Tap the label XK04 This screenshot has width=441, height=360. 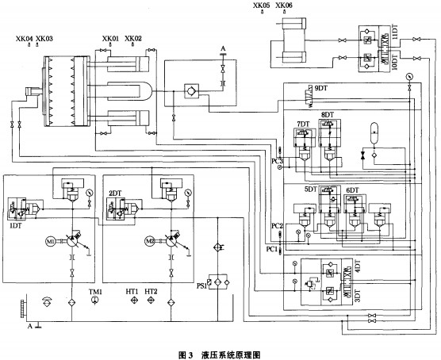24,38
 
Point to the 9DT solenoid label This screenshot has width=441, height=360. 321,87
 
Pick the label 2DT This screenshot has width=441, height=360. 115,193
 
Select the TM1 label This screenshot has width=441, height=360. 95,293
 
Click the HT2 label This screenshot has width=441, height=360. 151,293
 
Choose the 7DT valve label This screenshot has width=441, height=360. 302,124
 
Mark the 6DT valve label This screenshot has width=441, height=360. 352,191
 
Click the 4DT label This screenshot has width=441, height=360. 357,270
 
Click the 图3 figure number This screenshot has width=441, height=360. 188,350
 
